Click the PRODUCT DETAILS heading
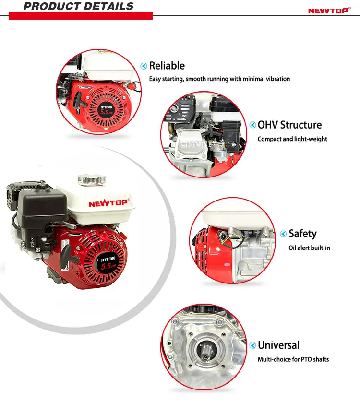click(x=78, y=7)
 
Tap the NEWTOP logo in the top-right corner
click(x=328, y=11)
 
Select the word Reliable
click(x=167, y=66)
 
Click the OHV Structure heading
click(x=289, y=125)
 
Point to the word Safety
click(x=302, y=234)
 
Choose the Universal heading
click(x=278, y=345)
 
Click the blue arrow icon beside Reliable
click(x=143, y=66)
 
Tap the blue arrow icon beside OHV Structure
click(x=252, y=125)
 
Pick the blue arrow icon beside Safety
click(x=283, y=234)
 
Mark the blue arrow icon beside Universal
click(x=252, y=345)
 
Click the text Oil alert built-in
click(x=309, y=248)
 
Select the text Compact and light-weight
click(x=292, y=139)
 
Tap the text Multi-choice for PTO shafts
click(x=293, y=359)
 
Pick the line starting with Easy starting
click(x=219, y=79)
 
